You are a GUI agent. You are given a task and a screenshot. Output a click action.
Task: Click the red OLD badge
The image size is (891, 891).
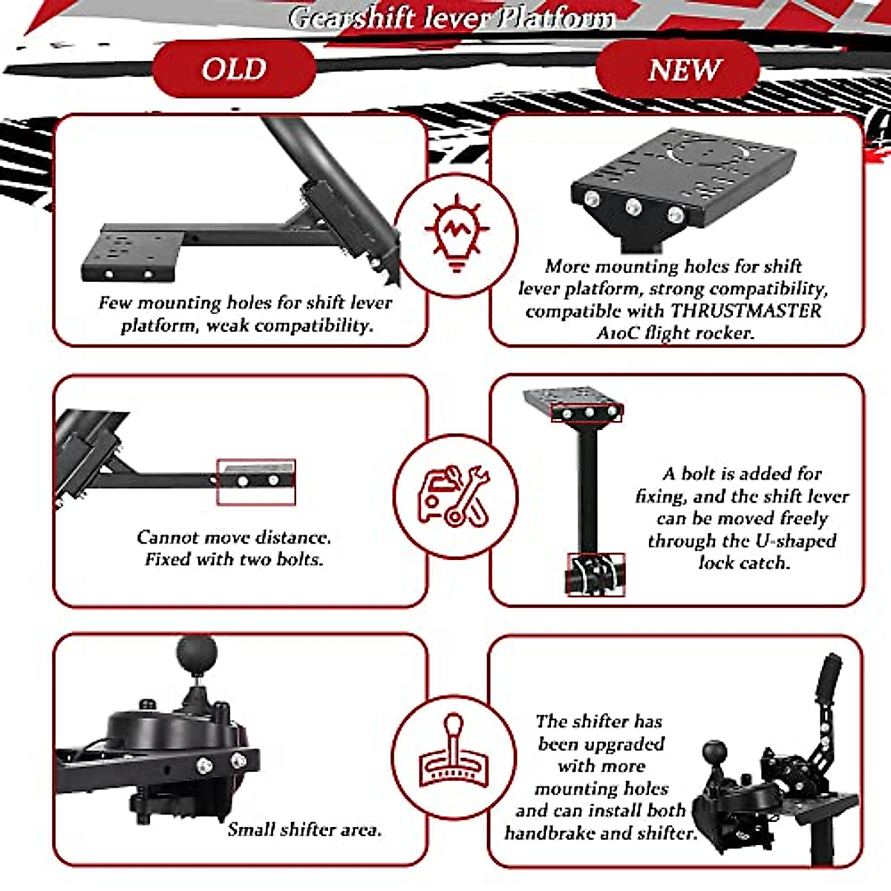click(x=234, y=69)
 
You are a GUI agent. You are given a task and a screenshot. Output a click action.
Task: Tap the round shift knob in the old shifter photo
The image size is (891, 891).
click(x=197, y=654)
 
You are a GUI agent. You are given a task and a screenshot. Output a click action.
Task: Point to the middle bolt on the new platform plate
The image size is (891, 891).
click(x=633, y=206)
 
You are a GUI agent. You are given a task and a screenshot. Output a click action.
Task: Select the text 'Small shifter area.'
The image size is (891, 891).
click(x=304, y=829)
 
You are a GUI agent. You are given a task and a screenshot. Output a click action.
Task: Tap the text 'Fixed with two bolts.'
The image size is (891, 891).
click(x=234, y=559)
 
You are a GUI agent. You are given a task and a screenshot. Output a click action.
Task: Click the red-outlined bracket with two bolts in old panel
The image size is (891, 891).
click(x=256, y=481)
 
